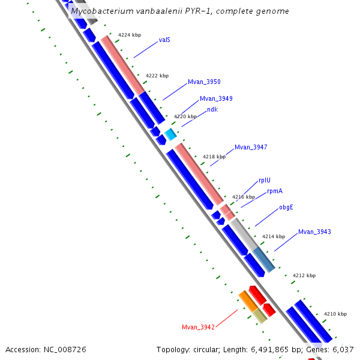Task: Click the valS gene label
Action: pos(164,40)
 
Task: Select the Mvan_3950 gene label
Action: pos(204,82)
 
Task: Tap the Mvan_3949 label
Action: pos(216,98)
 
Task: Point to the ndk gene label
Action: pos(212,109)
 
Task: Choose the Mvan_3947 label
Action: pos(251,147)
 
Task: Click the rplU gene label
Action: pos(265,180)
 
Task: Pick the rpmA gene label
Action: pos(275,191)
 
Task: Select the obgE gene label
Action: pos(286,207)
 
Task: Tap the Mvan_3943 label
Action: pos(314,232)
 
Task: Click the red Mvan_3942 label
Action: pos(198,327)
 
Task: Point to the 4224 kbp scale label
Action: pos(130,35)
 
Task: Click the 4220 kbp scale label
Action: pos(185,116)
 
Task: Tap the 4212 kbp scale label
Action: pos(304,276)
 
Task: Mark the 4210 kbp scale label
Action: pos(335,314)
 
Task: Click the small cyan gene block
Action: pos(170,134)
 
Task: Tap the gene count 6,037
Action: pos(344,349)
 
